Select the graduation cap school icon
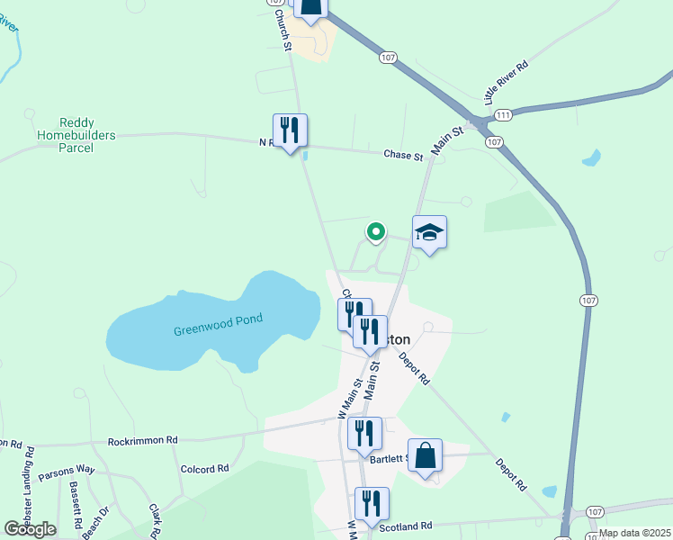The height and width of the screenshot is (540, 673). (430, 234)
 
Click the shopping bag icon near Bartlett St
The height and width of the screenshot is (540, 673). (426, 456)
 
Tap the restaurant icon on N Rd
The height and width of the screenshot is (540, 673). (291, 131)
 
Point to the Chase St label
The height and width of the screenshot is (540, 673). (403, 156)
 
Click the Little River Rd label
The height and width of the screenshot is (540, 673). (507, 84)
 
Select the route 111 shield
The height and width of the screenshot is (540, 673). (503, 115)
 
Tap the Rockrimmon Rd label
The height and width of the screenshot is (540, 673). (143, 441)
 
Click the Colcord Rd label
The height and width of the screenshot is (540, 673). (205, 469)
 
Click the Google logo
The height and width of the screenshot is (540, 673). (31, 529)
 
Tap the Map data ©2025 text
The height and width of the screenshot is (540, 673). (634, 533)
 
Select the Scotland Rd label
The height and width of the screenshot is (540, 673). (406, 526)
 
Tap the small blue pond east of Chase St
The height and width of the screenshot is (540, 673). (591, 158)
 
